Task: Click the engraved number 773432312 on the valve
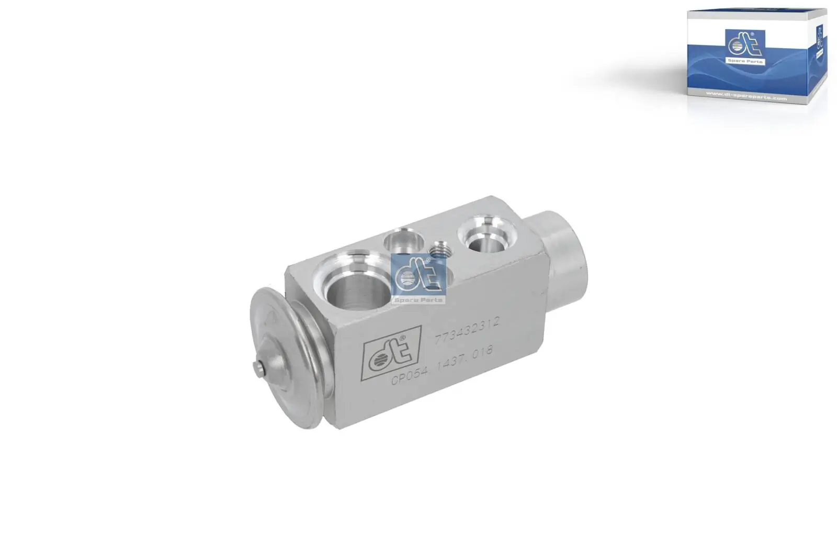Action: click(467, 330)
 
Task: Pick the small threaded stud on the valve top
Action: click(438, 250)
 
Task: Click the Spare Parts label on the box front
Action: click(745, 61)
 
